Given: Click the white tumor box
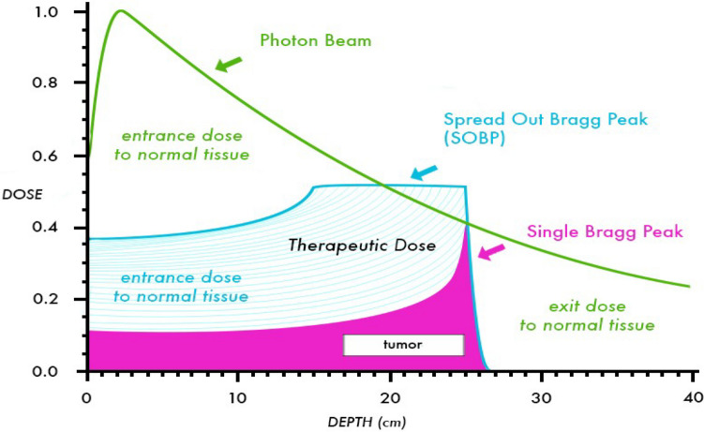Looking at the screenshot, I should click(x=403, y=345).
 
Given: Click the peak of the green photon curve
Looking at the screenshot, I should click(x=120, y=11).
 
